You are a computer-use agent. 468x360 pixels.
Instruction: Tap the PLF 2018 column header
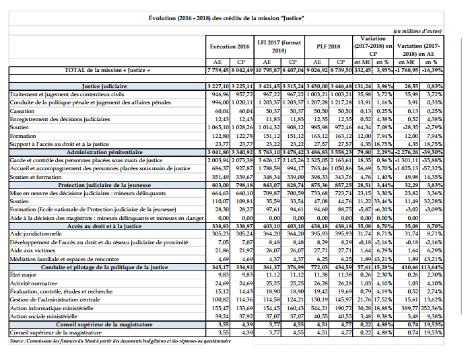(328, 46)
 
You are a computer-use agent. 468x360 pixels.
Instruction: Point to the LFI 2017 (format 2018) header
(279, 46)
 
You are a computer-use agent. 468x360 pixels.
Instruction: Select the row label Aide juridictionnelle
(33, 231)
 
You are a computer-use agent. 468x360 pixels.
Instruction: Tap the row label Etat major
(22, 274)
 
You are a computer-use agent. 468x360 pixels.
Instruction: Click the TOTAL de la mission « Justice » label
(106, 69)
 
